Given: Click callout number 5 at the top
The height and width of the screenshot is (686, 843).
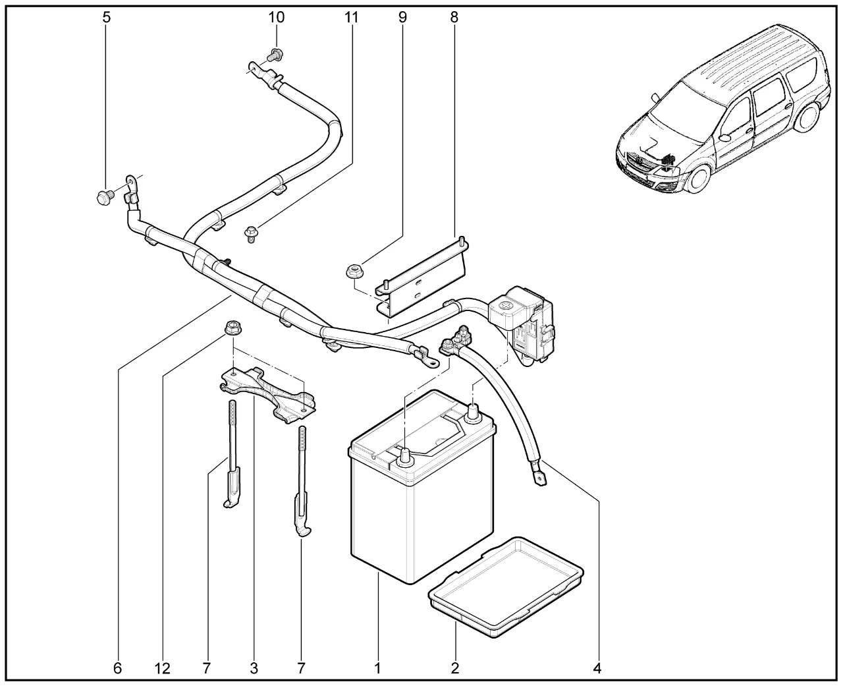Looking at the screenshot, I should [x=107, y=18].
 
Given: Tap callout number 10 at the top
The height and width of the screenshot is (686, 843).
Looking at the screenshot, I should [x=277, y=18].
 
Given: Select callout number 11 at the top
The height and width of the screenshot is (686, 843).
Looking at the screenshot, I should [x=352, y=18].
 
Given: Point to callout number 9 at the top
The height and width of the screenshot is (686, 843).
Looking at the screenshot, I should [x=402, y=18].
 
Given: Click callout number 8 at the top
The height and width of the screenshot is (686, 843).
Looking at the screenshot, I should [x=454, y=18].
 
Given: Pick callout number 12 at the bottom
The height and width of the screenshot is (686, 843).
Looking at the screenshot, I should [x=162, y=668].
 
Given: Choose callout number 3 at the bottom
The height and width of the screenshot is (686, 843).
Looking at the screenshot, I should [x=254, y=668].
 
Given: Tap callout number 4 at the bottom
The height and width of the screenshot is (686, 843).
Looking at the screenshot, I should [x=597, y=668].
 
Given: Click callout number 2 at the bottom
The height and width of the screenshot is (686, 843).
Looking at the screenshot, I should [x=454, y=668].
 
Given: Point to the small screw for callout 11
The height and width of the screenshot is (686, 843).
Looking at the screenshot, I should [x=251, y=233].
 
